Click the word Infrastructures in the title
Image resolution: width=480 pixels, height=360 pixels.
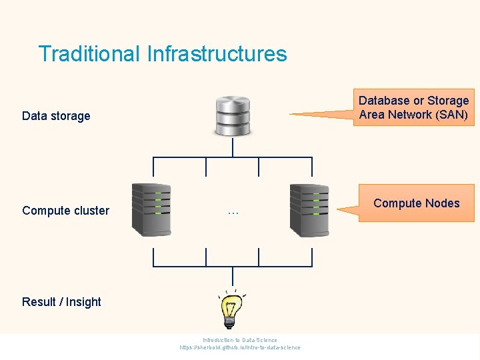pos(217,54)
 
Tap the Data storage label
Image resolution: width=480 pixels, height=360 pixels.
pos(56,116)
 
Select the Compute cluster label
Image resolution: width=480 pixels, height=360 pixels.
pos(65,211)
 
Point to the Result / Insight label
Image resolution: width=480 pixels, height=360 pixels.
pos(61,302)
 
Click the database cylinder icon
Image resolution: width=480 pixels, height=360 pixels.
pos(232,116)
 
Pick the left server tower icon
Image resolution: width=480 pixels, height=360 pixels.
pos(151,209)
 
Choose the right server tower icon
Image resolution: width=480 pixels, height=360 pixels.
pos(309,209)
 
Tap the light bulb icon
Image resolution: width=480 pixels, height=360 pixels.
pos(231,309)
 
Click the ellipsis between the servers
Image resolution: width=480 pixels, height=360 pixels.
pos(233,212)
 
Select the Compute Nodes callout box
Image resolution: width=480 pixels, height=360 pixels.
pos(417,203)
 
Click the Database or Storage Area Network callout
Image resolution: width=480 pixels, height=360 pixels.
pos(413,107)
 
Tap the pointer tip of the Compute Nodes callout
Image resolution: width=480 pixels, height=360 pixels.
pos(339,210)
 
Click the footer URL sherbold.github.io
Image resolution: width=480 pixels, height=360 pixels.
pos(240,347)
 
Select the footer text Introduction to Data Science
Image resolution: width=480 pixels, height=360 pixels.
pos(240,340)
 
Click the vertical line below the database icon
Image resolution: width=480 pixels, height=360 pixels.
pos(232,147)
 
